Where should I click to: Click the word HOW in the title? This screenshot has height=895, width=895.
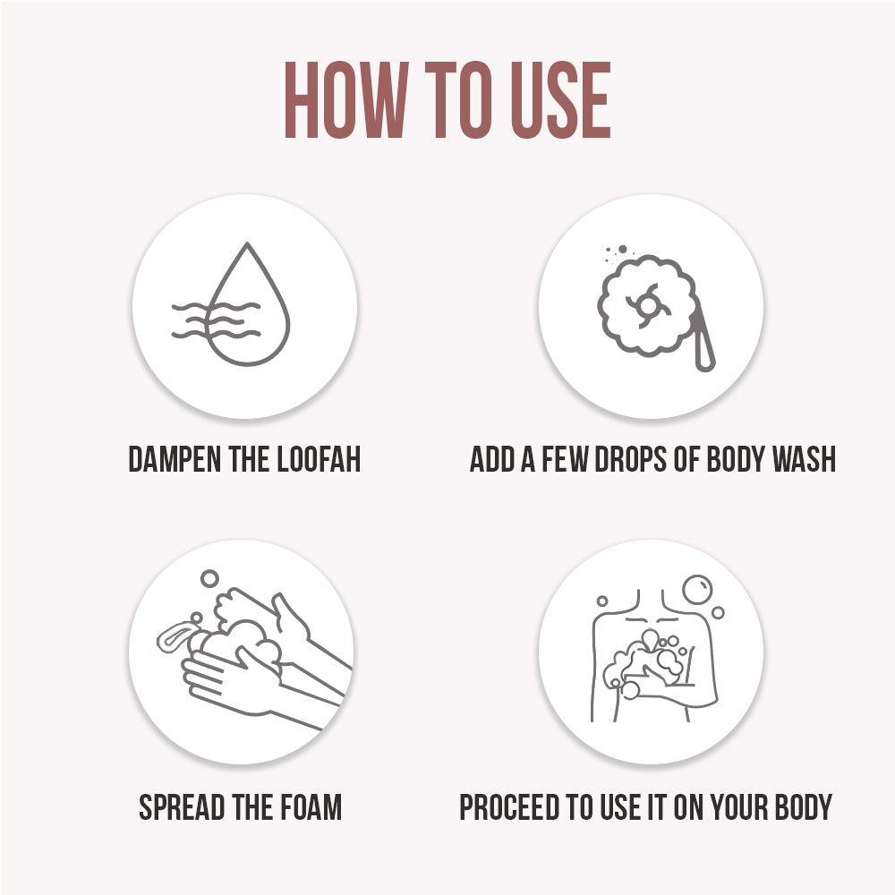(344, 100)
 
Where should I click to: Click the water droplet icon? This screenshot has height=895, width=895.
(247, 309)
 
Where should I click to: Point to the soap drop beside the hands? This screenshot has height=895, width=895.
(175, 637)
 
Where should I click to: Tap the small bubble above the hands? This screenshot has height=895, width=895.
(209, 580)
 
